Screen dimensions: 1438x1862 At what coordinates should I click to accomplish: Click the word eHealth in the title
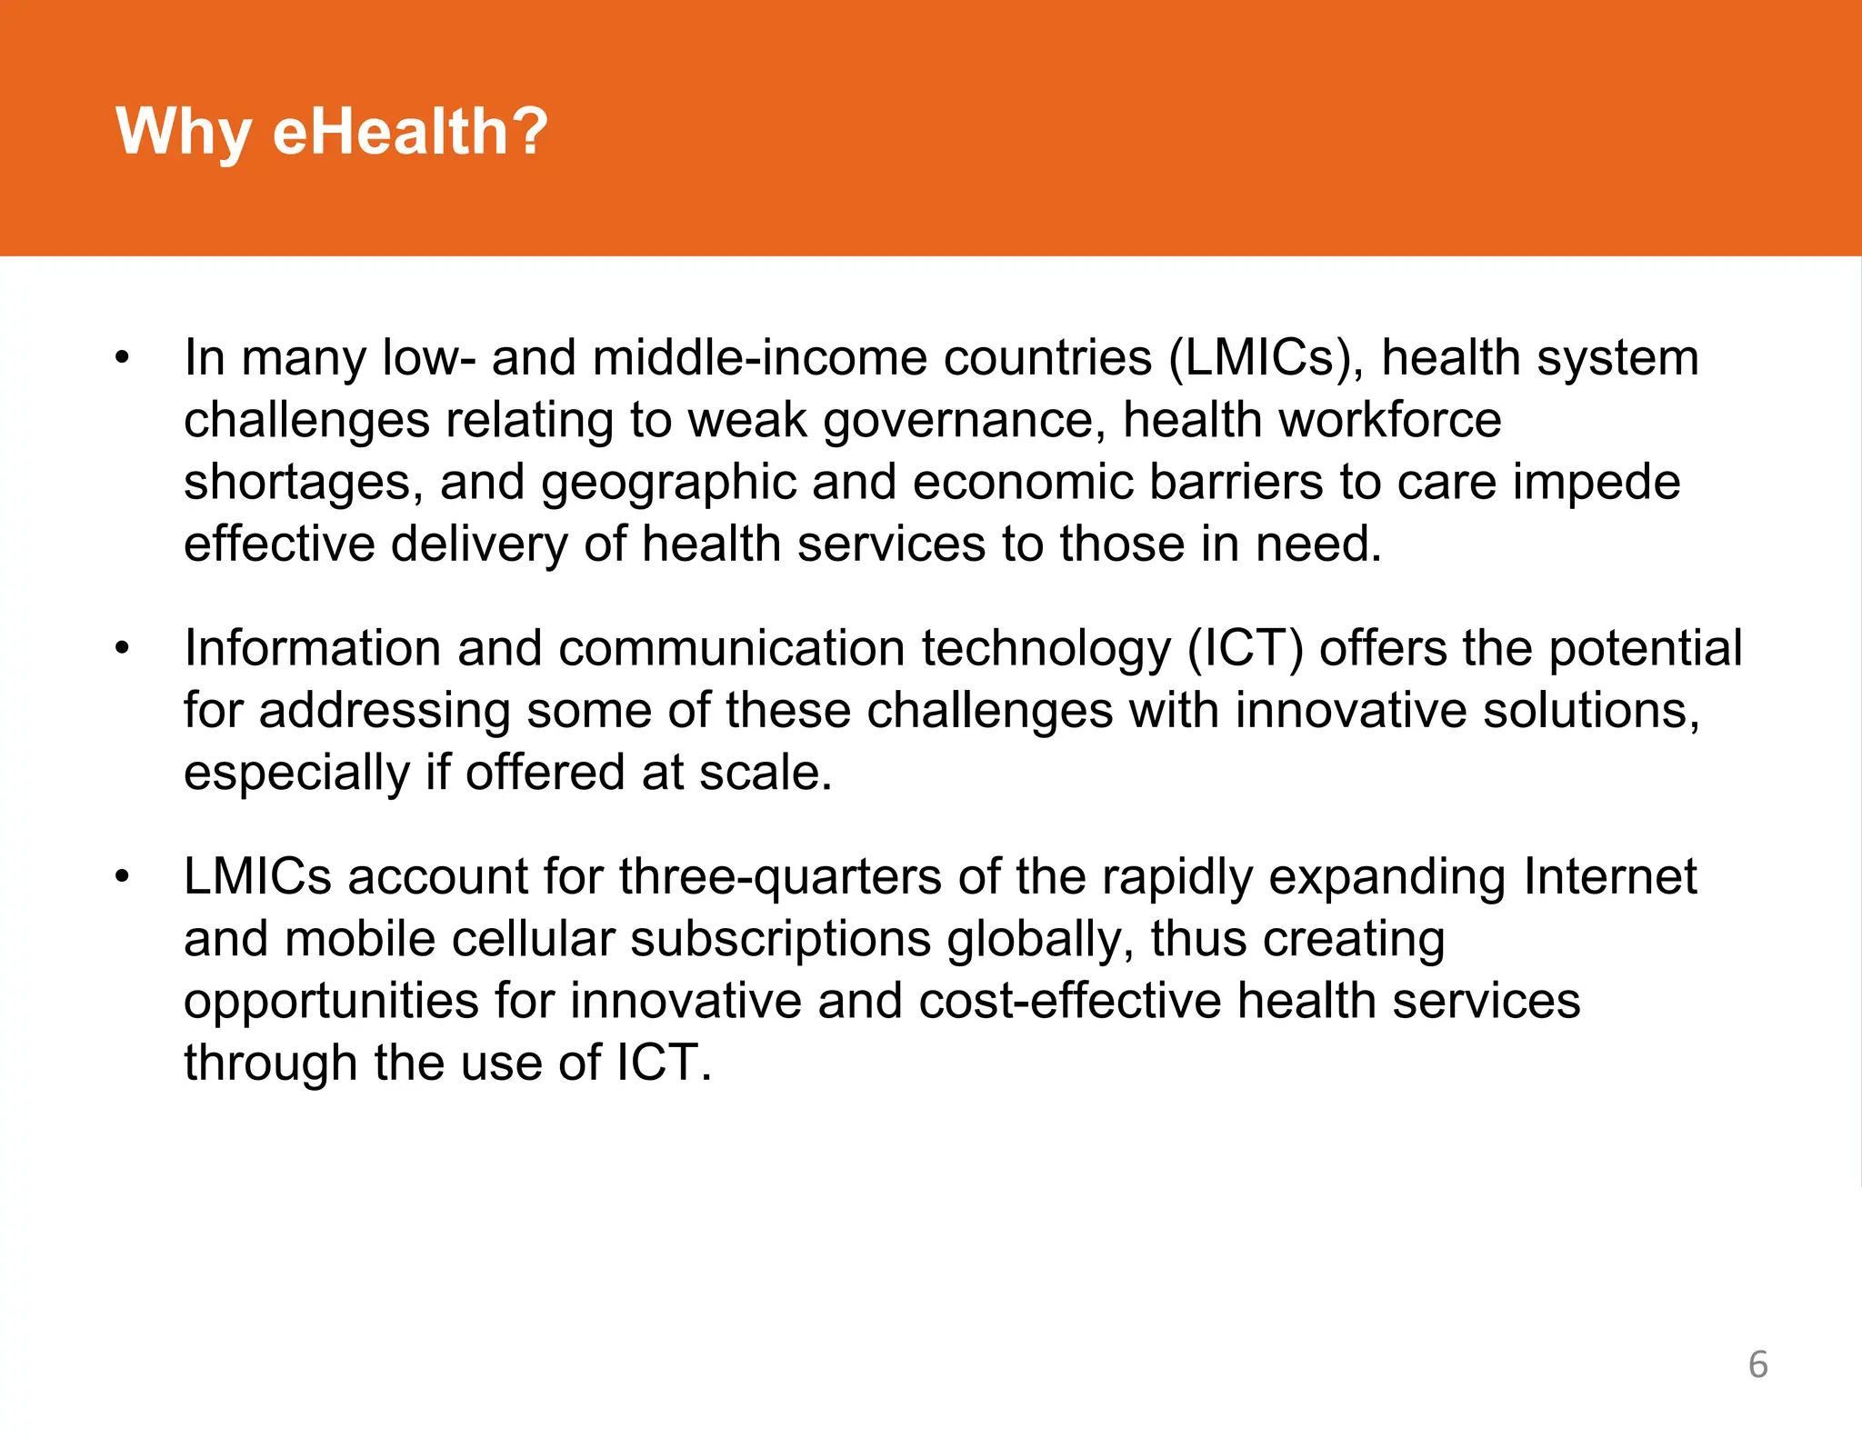coord(410,132)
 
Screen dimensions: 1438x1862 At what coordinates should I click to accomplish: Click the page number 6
coord(1758,1364)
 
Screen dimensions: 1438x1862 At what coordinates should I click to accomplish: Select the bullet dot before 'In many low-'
coord(123,357)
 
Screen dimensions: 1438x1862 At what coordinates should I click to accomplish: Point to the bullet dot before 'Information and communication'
coord(123,648)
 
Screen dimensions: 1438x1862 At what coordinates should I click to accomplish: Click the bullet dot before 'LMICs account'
coord(123,876)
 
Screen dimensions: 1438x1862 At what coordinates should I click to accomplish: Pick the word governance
coord(964,421)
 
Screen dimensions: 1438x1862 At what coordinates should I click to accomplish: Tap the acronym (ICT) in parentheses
coord(1246,648)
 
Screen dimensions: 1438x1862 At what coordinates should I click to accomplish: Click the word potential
coord(1645,648)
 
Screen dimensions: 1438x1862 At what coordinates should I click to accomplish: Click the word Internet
coord(1610,876)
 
